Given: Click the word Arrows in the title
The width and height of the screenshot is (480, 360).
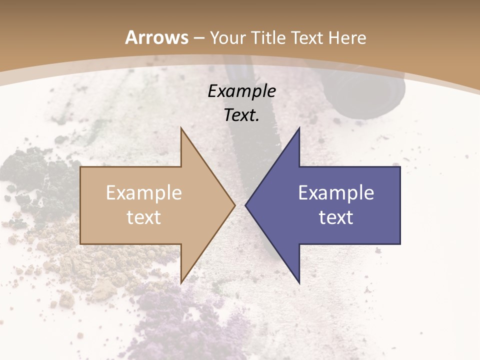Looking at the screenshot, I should (x=157, y=37).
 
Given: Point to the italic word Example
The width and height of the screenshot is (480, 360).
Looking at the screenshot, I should (x=241, y=91).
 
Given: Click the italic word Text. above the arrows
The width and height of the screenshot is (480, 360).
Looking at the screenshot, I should (x=241, y=115).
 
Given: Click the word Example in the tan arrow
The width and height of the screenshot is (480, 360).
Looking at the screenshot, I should (x=144, y=193).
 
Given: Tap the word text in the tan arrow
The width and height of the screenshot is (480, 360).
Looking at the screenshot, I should (x=144, y=217).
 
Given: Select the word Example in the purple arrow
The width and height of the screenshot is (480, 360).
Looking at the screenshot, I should (x=336, y=193).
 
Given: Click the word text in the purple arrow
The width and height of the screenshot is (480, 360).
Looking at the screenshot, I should (x=336, y=217).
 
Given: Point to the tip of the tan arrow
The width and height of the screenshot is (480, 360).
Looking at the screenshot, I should (x=235, y=205).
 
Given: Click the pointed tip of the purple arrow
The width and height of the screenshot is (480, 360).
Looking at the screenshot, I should (x=245, y=205).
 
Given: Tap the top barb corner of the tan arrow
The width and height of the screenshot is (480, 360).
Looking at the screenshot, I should (x=181, y=128).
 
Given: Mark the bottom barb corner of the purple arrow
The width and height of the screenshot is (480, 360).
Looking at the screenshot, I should (x=299, y=283).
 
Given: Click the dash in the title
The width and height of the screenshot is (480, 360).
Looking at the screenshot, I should (x=199, y=38).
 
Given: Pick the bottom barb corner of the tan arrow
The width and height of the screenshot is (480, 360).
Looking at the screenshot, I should (x=181, y=283).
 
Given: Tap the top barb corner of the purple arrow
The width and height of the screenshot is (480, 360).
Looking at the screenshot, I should (x=299, y=127).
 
